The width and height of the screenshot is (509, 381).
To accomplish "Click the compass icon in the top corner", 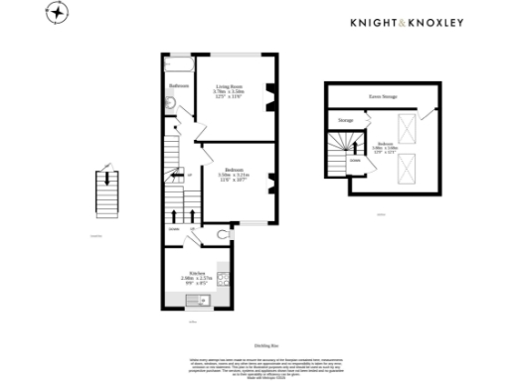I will [61, 13].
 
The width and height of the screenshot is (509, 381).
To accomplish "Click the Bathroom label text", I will [178, 86].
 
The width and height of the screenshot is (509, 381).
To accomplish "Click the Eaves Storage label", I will [383, 97].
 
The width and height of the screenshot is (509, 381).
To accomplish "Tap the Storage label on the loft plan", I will [345, 120].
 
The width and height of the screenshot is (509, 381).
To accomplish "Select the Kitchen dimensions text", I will [190, 281].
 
